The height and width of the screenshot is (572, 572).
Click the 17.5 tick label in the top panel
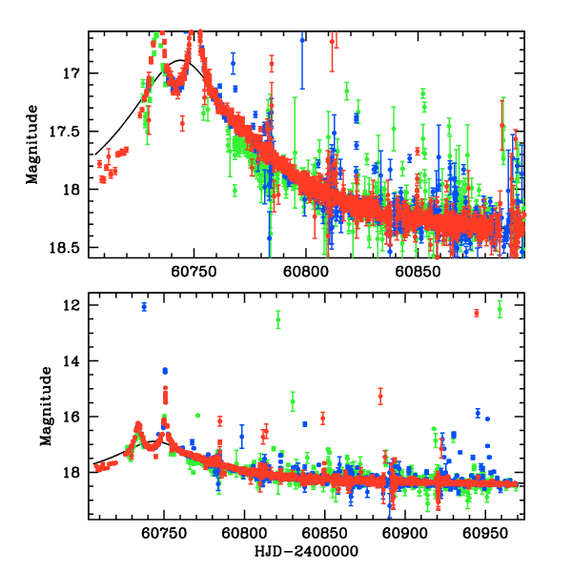coord(70,132)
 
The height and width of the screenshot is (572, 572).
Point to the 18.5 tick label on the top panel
coord(70,248)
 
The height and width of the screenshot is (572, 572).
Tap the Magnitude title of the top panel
coord(33,143)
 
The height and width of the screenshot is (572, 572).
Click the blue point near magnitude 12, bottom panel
coord(144,306)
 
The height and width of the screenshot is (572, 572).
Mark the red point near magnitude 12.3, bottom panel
coord(477,314)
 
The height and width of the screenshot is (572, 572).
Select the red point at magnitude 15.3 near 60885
coord(380,396)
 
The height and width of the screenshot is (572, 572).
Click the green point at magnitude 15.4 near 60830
coord(293,399)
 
